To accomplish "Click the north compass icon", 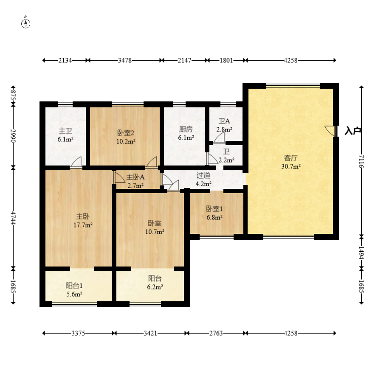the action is pyautogui.click(x=25, y=23).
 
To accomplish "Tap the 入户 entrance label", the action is pyautogui.click(x=353, y=131).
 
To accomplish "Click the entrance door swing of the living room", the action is pyautogui.click(x=330, y=131).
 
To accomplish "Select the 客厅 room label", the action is pyautogui.click(x=291, y=158).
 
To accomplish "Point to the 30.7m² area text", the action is pyautogui.click(x=291, y=166).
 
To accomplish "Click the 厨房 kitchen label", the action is pyautogui.click(x=186, y=129).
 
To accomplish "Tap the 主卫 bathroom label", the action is pyautogui.click(x=65, y=131).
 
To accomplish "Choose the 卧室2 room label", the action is pyautogui.click(x=126, y=133).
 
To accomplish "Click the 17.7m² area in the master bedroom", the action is pyautogui.click(x=83, y=225).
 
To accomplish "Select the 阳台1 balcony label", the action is pyautogui.click(x=74, y=286).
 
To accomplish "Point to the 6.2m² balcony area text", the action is pyautogui.click(x=155, y=287).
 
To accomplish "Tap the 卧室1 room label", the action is pyautogui.click(x=214, y=209).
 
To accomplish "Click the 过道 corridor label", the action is pyautogui.click(x=203, y=175).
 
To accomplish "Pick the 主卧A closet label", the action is pyautogui.click(x=135, y=177).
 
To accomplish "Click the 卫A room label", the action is pyautogui.click(x=224, y=121).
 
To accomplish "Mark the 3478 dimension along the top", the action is pyautogui.click(x=125, y=60).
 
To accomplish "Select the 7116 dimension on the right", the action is pyautogui.click(x=361, y=161).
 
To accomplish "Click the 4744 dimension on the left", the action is pyautogui.click(x=13, y=218).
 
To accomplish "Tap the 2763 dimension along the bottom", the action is pyautogui.click(x=216, y=333).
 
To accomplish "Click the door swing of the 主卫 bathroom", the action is pyautogui.click(x=76, y=162).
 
